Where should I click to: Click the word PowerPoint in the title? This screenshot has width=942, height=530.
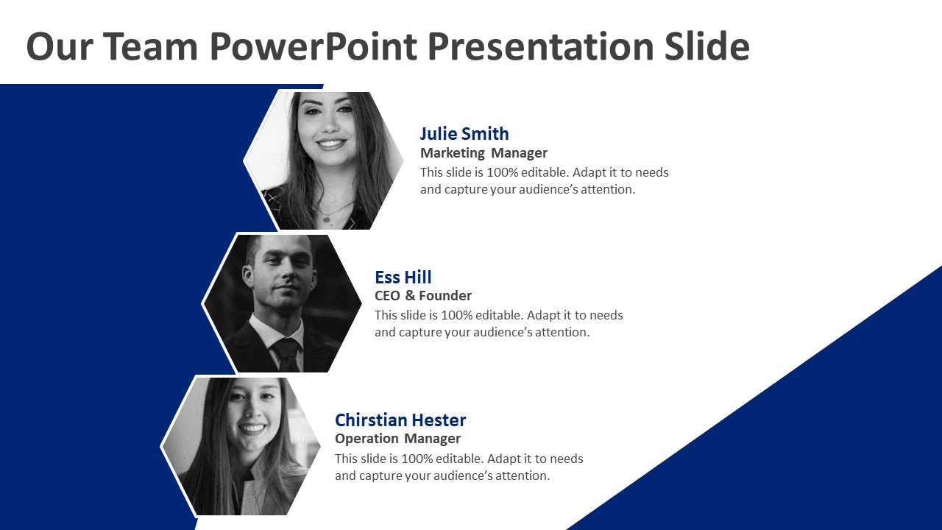313,46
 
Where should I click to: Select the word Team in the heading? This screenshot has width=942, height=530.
149,46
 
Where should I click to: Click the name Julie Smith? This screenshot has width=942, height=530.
464,134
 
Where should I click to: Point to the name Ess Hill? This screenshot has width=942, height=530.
403,278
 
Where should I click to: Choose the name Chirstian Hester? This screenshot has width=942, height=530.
400,420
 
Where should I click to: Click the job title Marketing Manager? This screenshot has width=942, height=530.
484,153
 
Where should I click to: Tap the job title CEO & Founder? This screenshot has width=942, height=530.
423,296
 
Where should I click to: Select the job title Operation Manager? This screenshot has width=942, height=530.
397,439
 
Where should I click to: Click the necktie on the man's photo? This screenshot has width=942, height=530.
286,355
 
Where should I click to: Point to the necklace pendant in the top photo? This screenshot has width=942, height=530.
327,219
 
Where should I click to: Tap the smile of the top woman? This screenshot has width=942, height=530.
331,144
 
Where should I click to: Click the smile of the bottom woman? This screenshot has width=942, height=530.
252,428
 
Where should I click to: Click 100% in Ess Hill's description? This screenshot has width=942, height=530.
457,316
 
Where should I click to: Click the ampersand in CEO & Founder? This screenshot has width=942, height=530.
410,296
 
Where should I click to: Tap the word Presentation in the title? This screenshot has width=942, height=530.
540,46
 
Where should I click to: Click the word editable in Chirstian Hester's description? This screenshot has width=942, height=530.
458,459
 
